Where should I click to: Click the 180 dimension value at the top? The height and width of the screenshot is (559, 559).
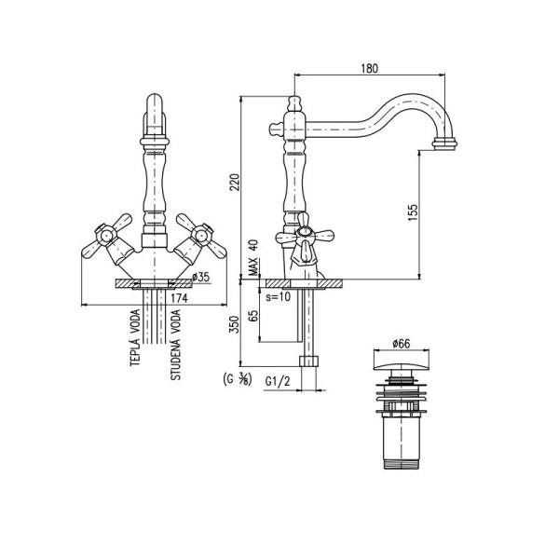(x=369, y=68)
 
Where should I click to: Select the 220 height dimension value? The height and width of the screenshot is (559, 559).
(x=234, y=183)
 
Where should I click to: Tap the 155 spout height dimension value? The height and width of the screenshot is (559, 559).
(x=413, y=212)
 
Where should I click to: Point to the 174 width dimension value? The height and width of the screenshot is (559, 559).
(x=179, y=298)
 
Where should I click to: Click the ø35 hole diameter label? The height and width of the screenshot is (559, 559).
(x=201, y=277)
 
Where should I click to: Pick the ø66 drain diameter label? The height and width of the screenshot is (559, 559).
(x=401, y=344)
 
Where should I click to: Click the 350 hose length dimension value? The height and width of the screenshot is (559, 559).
(x=234, y=324)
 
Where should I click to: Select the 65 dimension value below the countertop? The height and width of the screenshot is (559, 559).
(x=253, y=316)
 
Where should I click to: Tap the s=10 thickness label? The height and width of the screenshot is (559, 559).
(x=279, y=296)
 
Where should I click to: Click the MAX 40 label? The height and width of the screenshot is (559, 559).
(x=253, y=257)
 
